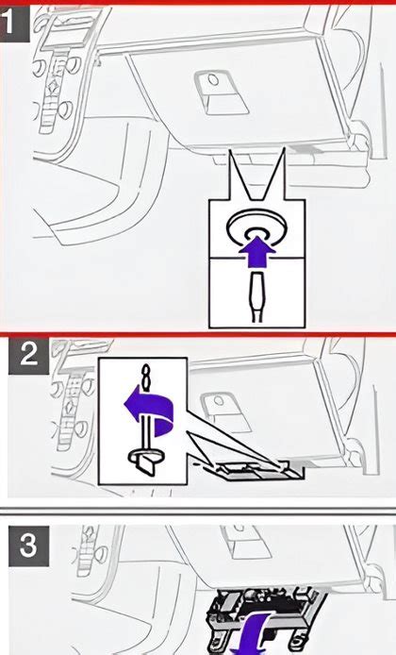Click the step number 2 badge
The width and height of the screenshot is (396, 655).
click(29, 357)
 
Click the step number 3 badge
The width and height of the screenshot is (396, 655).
click(28, 545)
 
